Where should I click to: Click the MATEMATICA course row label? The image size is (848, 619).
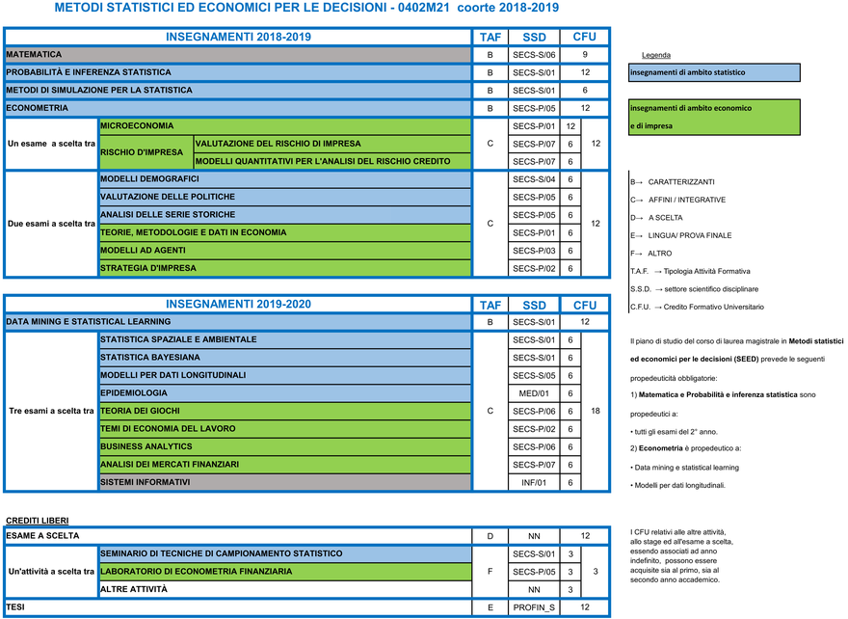coord(35,55)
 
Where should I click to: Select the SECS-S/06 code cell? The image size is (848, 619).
coord(534,55)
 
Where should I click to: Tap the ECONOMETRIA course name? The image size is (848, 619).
coord(38,108)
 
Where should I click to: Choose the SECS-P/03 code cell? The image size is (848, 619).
coord(534,251)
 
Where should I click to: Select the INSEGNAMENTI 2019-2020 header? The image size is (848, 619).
coord(238,304)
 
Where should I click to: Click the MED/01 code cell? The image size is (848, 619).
coord(534,393)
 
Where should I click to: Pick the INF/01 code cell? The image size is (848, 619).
coord(534,482)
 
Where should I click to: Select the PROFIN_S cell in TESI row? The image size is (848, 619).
coord(534,607)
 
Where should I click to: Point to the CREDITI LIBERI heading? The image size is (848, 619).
coord(38,521)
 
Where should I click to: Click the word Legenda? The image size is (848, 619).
coord(655,55)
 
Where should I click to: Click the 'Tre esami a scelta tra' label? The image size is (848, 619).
coord(51,411)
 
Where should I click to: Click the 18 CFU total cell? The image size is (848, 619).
coord(596,411)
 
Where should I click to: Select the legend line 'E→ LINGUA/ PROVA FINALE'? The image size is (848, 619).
coord(680,235)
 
